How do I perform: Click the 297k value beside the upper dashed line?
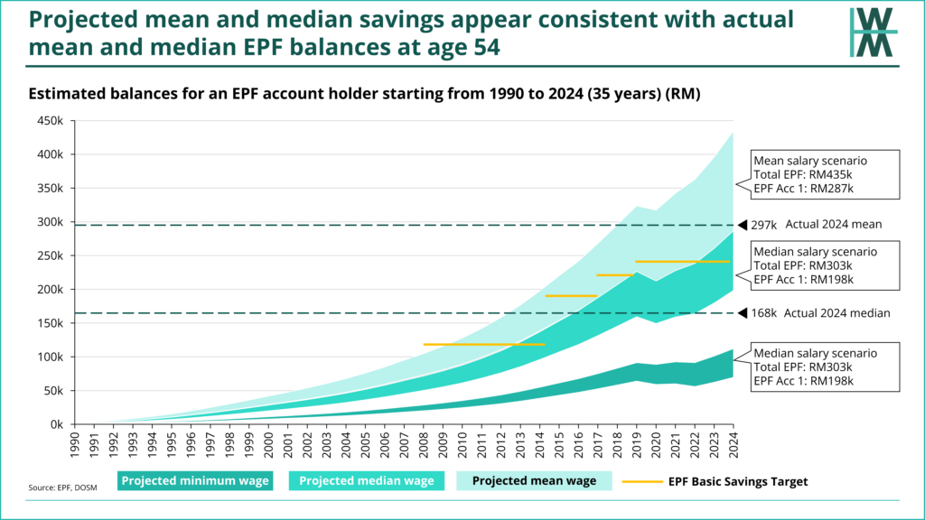click(x=766, y=225)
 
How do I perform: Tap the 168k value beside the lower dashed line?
click(x=766, y=313)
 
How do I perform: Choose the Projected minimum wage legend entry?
click(x=195, y=481)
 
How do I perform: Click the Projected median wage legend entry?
click(x=367, y=481)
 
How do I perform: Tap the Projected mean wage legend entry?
click(x=534, y=481)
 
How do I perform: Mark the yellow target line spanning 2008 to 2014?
click(x=484, y=344)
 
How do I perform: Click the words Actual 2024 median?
click(x=838, y=313)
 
